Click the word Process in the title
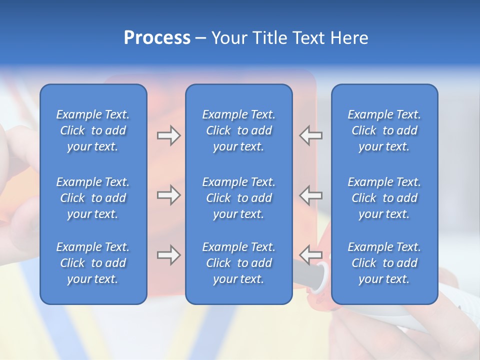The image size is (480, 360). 157,38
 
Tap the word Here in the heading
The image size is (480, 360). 349,38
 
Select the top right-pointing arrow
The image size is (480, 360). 168,135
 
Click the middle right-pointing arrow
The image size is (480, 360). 168,195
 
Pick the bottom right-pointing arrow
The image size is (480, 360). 168,255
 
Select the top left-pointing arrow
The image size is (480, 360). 311,135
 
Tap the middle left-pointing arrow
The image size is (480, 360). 311,195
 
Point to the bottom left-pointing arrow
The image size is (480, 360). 311,255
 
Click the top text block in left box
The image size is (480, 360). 93,130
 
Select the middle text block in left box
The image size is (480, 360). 93,198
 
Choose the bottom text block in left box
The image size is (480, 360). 93,263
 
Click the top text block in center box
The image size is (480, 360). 238,130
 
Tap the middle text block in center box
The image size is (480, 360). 238,198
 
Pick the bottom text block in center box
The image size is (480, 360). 238,263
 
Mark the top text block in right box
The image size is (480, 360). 384,130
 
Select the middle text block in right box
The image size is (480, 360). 384,198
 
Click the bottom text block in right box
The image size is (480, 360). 384,263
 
